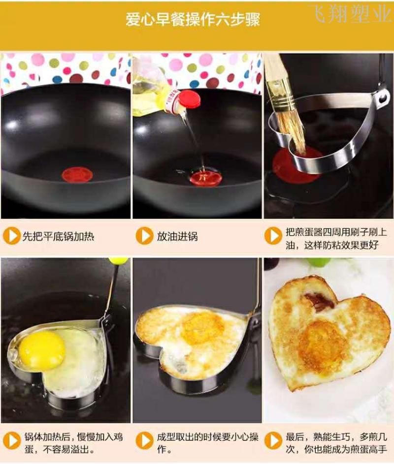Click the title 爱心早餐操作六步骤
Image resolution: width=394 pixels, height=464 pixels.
(193, 20)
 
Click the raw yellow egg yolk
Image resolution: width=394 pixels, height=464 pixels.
(42, 350)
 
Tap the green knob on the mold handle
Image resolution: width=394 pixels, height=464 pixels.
(118, 261)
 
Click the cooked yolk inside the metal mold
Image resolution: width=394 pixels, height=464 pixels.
(202, 327)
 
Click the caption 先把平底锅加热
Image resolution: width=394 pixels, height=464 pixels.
(58, 236)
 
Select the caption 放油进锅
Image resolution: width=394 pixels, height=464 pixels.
(177, 237)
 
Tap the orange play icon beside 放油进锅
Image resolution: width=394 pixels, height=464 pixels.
(145, 236)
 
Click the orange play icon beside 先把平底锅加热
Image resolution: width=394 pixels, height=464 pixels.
(11, 236)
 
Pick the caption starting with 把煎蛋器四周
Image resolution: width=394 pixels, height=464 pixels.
(336, 238)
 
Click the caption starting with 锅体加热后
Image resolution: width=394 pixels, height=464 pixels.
(73, 443)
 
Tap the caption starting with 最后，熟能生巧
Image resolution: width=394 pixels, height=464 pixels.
(336, 443)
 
